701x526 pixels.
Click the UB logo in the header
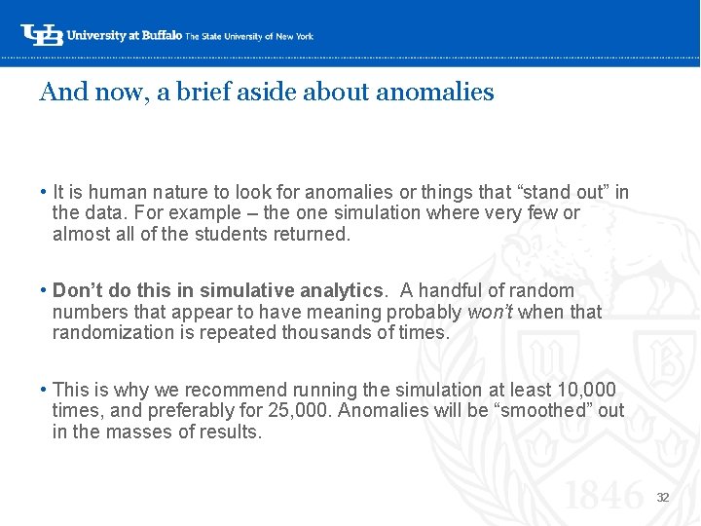click(x=41, y=35)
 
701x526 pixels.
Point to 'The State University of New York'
click(x=249, y=36)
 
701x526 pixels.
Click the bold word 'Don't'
click(x=73, y=290)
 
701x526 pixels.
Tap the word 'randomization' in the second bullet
click(x=108, y=332)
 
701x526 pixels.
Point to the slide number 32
click(x=662, y=497)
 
